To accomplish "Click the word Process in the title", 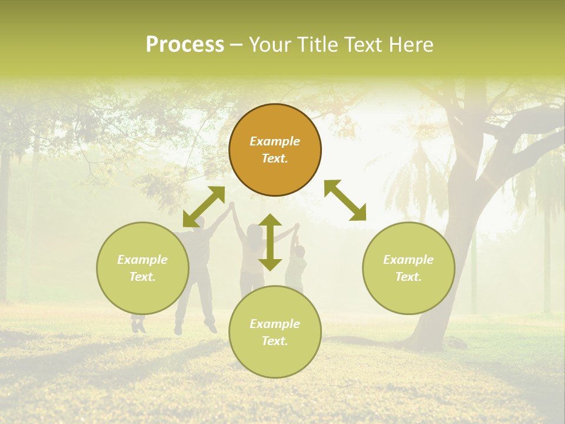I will pyautogui.click(x=185, y=45).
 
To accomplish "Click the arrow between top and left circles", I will pyautogui.click(x=204, y=206).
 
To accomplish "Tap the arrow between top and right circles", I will pyautogui.click(x=345, y=200).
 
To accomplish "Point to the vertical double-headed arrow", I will pyautogui.click(x=270, y=242).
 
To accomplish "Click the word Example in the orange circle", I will pyautogui.click(x=275, y=141).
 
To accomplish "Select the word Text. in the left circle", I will pyautogui.click(x=142, y=277).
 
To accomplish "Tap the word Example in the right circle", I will pyautogui.click(x=408, y=260).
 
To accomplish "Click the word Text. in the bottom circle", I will pyautogui.click(x=275, y=341).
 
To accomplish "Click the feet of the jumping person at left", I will pyautogui.click(x=138, y=325).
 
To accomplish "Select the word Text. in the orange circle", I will pyautogui.click(x=275, y=158).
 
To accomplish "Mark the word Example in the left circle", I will pyautogui.click(x=142, y=260).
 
